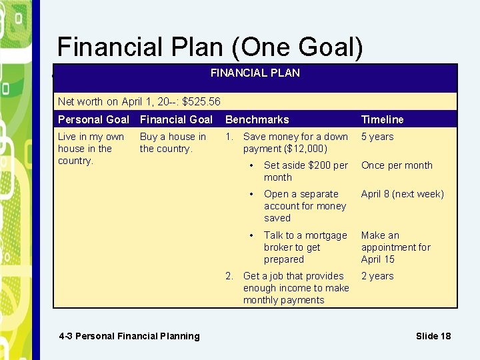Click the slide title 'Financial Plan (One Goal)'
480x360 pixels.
click(210, 47)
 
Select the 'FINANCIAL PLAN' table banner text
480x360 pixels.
click(255, 73)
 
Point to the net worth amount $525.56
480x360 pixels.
click(201, 102)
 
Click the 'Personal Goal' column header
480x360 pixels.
click(93, 119)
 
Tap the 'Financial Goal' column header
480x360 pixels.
click(176, 119)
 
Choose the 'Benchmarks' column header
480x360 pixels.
click(257, 119)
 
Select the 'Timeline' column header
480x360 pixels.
click(382, 119)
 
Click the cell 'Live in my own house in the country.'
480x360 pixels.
click(91, 149)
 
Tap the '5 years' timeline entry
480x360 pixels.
click(377, 137)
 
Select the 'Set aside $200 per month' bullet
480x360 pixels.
click(305, 171)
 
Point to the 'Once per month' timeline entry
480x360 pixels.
click(397, 165)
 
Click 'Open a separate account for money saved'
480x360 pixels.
click(305, 206)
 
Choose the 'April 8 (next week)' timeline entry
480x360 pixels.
click(402, 194)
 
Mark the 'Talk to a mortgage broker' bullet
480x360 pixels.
click(305, 247)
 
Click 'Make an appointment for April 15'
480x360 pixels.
click(395, 247)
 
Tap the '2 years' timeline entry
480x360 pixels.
click(377, 276)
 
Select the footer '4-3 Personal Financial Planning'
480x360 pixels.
click(129, 336)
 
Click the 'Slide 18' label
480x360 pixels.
click(433, 336)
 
